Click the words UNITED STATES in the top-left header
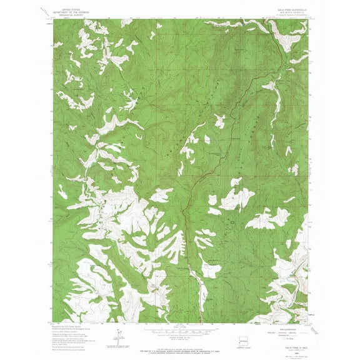pyautogui.click(x=71, y=11)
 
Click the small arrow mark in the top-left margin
pyautogui.click(x=44, y=11)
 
